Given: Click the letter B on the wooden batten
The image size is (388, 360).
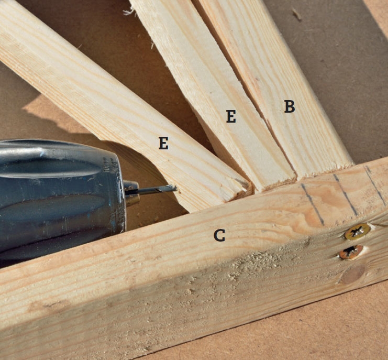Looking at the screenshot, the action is (290, 106).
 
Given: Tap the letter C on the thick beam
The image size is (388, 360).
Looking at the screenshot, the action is (219, 235).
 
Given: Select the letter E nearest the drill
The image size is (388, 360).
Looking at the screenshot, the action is (163, 143).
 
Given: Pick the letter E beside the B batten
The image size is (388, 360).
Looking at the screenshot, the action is (231, 116).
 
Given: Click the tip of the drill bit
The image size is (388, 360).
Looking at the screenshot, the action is (176, 188).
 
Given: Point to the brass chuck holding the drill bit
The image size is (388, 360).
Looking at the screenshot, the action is (131, 193).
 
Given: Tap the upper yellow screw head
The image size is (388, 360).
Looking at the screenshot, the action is (358, 232).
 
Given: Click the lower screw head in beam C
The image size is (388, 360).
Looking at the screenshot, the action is (351, 252).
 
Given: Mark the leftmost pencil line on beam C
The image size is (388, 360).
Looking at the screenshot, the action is (313, 204).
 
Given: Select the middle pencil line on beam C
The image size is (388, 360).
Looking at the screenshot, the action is (346, 195).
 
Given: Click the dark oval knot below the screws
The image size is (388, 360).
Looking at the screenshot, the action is (352, 275).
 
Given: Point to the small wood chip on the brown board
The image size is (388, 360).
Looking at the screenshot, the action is (296, 14).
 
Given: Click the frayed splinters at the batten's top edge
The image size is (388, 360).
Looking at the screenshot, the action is (131, 12).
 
